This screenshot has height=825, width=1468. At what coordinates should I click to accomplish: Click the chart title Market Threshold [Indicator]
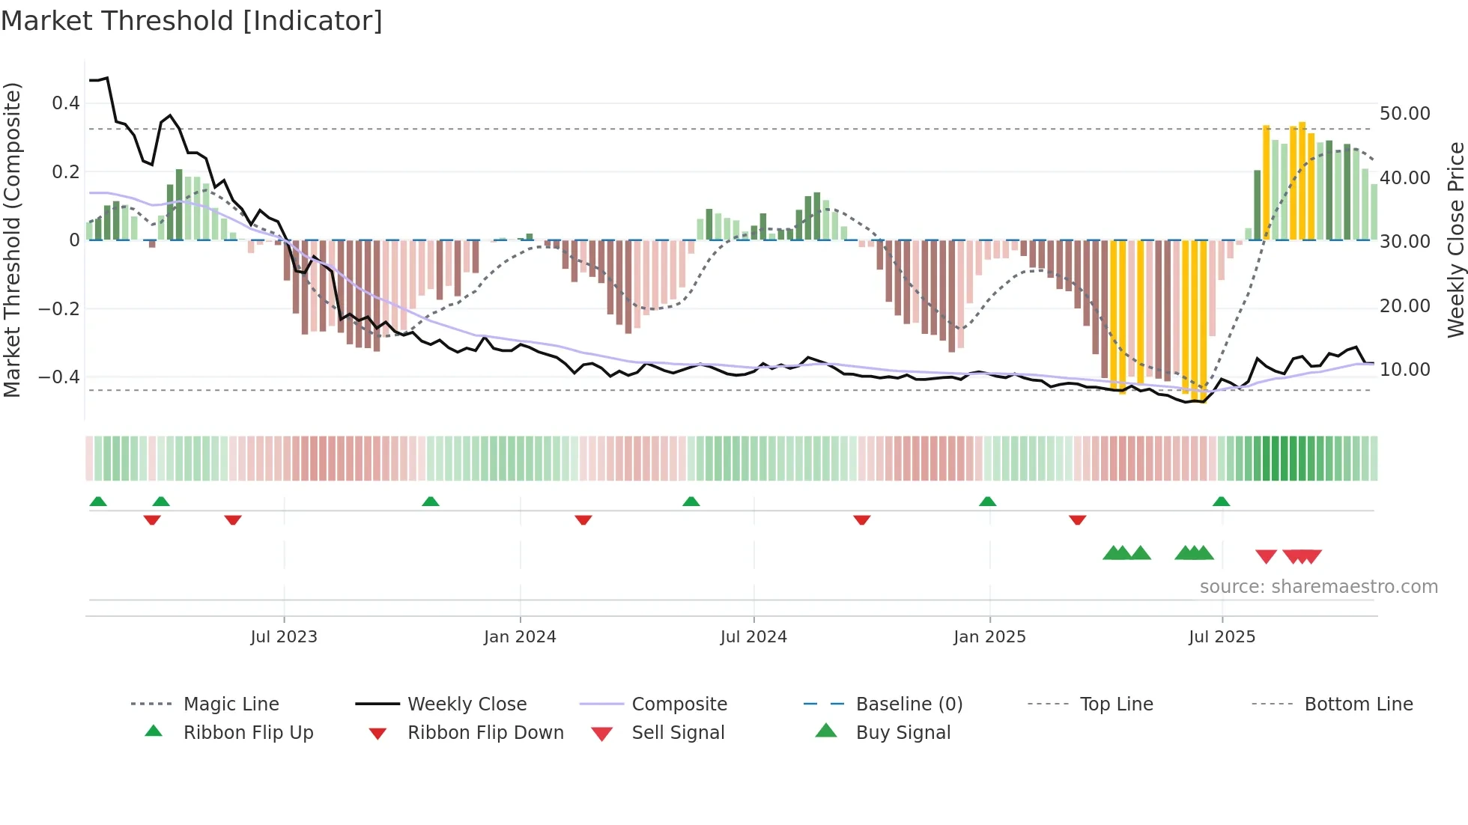(x=192, y=21)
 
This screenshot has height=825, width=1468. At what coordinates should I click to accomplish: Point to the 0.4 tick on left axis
(x=66, y=103)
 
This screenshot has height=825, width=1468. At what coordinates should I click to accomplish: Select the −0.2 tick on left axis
(x=58, y=308)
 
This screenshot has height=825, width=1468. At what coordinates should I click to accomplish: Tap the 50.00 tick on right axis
(x=1404, y=114)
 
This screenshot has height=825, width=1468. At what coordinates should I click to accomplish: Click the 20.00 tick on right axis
(x=1404, y=306)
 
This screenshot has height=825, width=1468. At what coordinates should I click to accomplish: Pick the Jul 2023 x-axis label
(x=284, y=637)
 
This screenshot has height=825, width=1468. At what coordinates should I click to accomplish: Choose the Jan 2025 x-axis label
(x=989, y=637)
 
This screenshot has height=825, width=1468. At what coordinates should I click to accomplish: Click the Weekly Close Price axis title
(x=1455, y=240)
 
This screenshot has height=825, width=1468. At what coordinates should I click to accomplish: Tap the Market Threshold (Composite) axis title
(x=12, y=240)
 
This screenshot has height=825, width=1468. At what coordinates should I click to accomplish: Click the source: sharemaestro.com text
(x=1318, y=587)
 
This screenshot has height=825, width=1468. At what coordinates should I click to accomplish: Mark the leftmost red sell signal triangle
(x=1266, y=556)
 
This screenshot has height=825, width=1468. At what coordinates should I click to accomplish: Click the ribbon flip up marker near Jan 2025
(x=987, y=502)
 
